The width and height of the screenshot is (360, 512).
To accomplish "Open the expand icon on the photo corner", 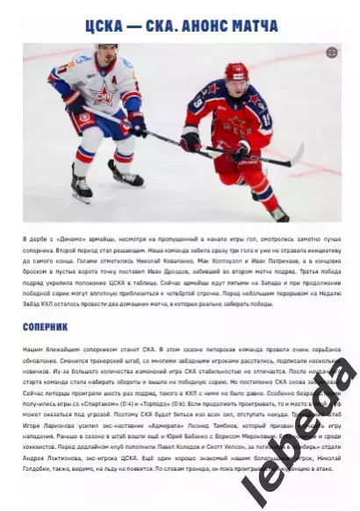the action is coord(332,54).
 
